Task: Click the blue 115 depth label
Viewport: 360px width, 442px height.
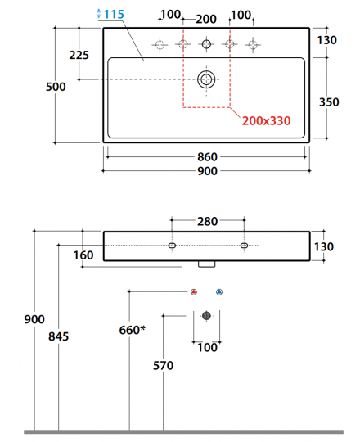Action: click(114, 14)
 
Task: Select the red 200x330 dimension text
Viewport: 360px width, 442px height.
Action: click(266, 120)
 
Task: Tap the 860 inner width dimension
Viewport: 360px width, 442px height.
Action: click(207, 156)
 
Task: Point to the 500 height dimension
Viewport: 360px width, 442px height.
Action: click(56, 87)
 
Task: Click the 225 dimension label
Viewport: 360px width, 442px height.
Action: click(79, 55)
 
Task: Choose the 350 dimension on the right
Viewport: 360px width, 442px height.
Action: click(329, 102)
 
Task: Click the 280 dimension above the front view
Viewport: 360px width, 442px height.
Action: click(207, 222)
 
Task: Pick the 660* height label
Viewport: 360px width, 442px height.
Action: click(132, 330)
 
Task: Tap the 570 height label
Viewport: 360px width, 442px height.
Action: click(163, 365)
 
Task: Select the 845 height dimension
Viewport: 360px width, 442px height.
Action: click(58, 336)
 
